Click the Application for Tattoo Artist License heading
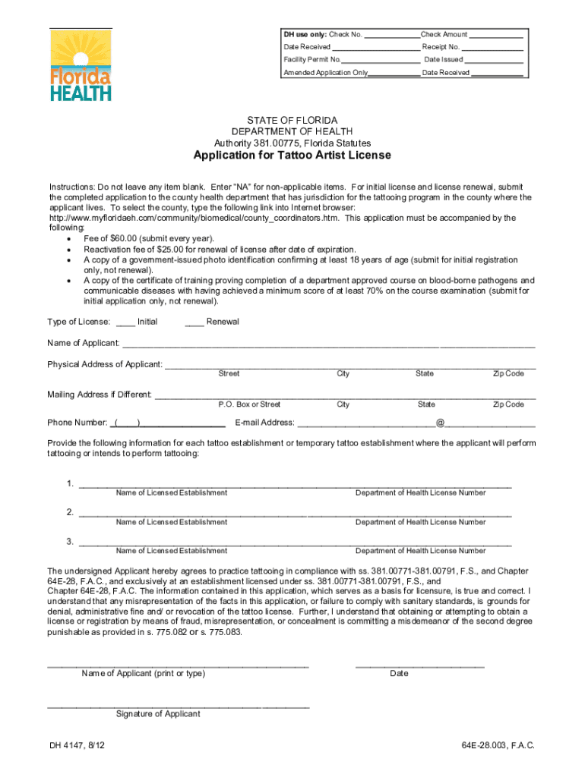292,156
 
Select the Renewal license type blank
194,322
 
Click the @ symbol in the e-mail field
440,423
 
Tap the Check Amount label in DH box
444,35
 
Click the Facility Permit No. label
312,59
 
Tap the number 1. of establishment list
70,483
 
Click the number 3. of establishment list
70,541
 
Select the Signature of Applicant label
158,714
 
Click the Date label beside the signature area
399,673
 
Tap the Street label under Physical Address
229,373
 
